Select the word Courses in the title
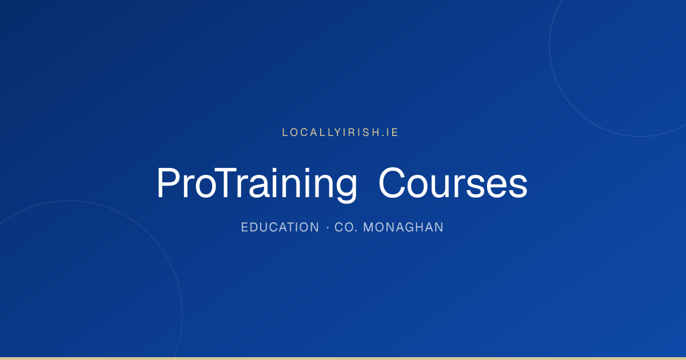(x=453, y=183)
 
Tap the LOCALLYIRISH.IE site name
(x=340, y=132)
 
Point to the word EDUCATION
(x=280, y=227)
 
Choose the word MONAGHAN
(x=403, y=227)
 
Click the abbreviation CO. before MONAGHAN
(x=346, y=227)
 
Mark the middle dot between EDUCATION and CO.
(x=328, y=227)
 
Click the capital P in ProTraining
(x=167, y=183)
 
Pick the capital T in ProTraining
(x=225, y=183)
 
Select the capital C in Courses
(x=392, y=183)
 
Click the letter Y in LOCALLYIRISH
(x=337, y=132)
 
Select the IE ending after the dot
(x=392, y=132)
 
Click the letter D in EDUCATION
(x=255, y=227)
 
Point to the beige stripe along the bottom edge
(x=343, y=358)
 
